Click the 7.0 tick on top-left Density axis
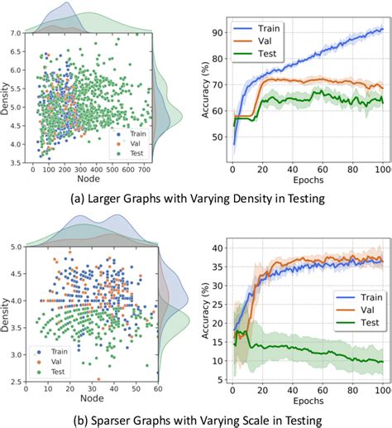point(17,34)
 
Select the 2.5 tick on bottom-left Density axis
point(17,382)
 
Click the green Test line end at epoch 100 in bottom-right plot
point(381,361)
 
